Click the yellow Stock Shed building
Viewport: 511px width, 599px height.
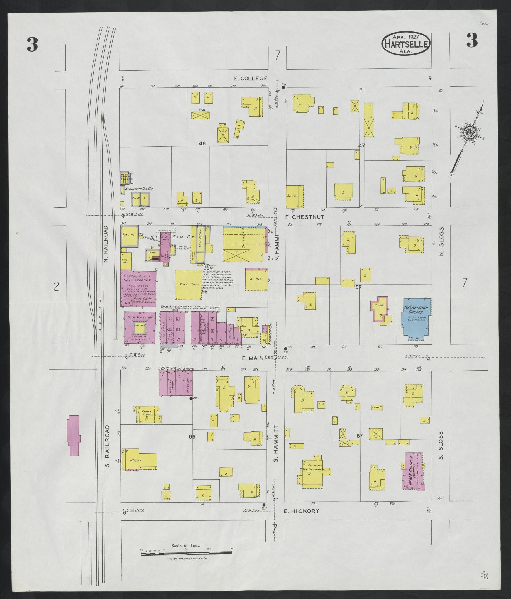[x=188, y=285]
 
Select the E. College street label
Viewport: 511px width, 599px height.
[x=251, y=78]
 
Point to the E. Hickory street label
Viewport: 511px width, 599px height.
[x=301, y=511]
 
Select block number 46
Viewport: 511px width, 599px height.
[x=202, y=143]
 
